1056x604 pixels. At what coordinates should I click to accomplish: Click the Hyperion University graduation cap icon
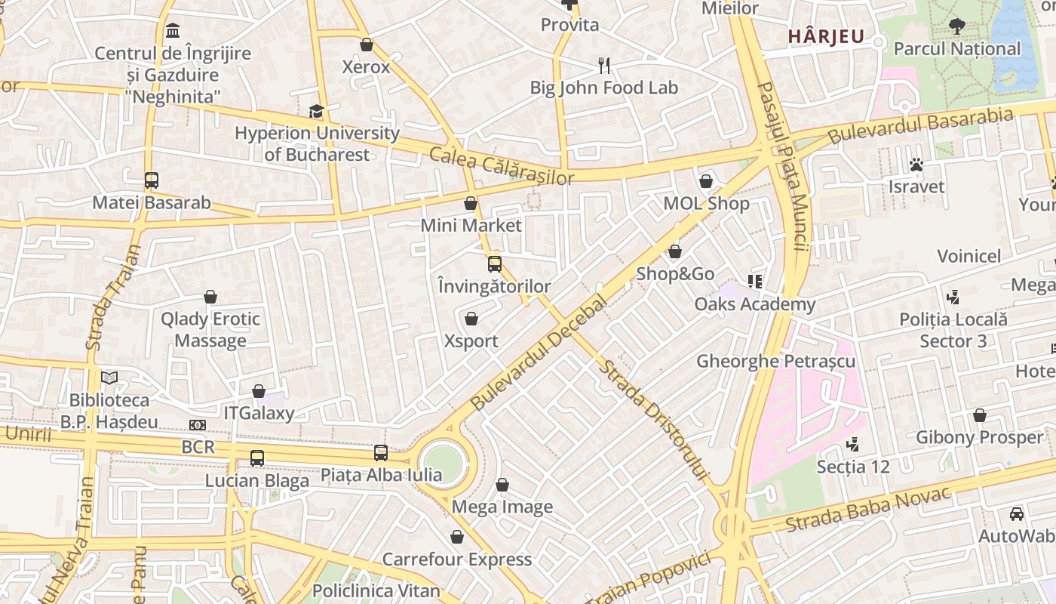[316, 112]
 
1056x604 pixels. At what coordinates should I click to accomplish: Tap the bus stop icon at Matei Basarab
[152, 180]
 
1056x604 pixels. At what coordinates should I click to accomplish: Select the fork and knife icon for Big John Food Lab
[603, 66]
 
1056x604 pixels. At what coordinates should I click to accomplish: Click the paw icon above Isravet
[916, 165]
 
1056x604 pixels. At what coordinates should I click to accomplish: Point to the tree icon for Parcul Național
[956, 26]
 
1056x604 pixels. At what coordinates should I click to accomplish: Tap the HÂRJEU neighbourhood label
[826, 36]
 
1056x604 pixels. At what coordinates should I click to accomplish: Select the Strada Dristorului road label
[654, 420]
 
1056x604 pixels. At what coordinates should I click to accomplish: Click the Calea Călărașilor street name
[502, 166]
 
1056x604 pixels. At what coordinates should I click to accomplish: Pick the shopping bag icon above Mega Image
[502, 485]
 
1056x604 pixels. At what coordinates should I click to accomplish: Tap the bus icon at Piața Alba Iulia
[381, 453]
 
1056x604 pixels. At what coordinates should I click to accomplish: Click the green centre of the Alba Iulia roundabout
[442, 462]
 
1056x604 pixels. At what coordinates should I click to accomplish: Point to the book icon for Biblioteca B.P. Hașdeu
[109, 377]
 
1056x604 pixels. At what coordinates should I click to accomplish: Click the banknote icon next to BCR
[198, 425]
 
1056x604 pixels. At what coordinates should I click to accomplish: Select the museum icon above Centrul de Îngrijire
[173, 31]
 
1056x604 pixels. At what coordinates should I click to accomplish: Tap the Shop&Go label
[675, 273]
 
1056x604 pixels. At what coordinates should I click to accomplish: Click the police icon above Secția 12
[853, 445]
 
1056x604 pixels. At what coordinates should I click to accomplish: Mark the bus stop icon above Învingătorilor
[495, 264]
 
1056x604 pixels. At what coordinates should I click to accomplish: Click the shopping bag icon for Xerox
[367, 45]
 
